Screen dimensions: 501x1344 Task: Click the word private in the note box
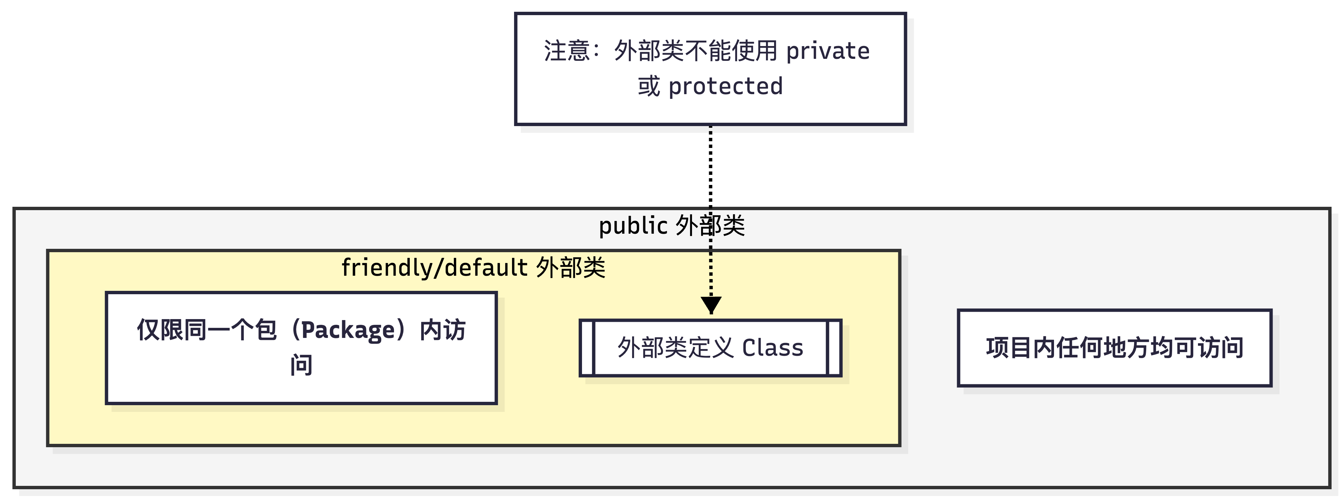(828, 51)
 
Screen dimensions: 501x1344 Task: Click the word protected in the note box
(725, 86)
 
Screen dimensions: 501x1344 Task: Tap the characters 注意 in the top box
(567, 51)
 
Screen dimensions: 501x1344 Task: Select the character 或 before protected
(649, 86)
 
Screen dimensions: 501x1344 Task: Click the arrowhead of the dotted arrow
(711, 304)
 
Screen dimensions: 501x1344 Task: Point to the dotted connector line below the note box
(711, 167)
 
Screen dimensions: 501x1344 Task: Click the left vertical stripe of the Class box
(587, 348)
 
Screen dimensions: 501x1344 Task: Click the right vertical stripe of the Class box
(834, 348)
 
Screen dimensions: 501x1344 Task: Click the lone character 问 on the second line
(301, 365)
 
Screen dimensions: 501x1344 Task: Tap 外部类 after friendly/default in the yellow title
(571, 268)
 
